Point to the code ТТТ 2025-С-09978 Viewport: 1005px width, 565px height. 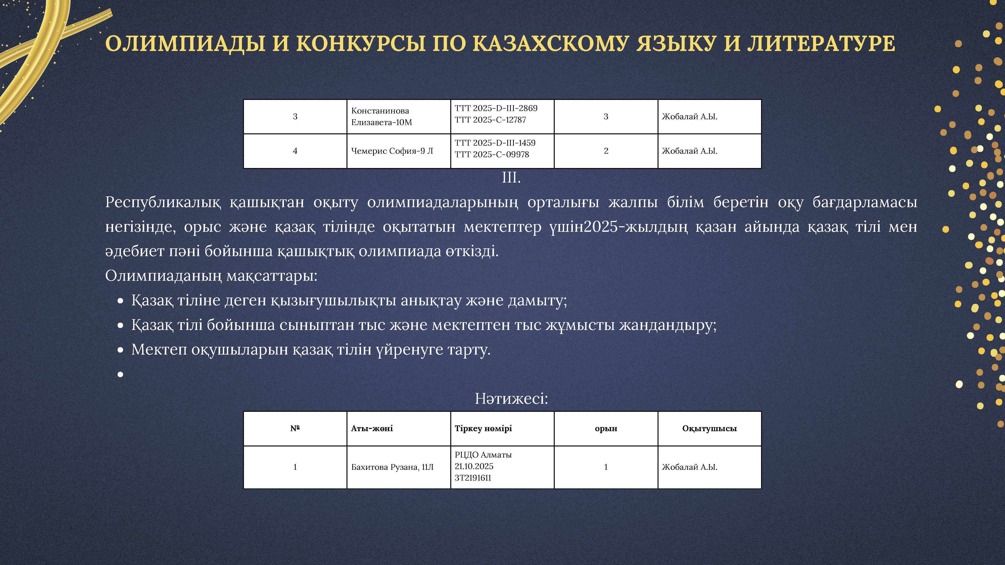click(x=492, y=154)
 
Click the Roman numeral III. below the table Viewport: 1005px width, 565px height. click(x=511, y=178)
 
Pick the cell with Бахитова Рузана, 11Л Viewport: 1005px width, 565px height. click(x=392, y=467)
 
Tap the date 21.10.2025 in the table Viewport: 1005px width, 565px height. click(x=474, y=466)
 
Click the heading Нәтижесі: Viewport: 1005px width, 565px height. click(x=511, y=399)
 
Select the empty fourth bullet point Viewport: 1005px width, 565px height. click(x=121, y=375)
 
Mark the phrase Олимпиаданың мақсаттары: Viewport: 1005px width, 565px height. click(x=211, y=276)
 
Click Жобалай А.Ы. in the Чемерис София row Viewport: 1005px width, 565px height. click(x=689, y=151)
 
